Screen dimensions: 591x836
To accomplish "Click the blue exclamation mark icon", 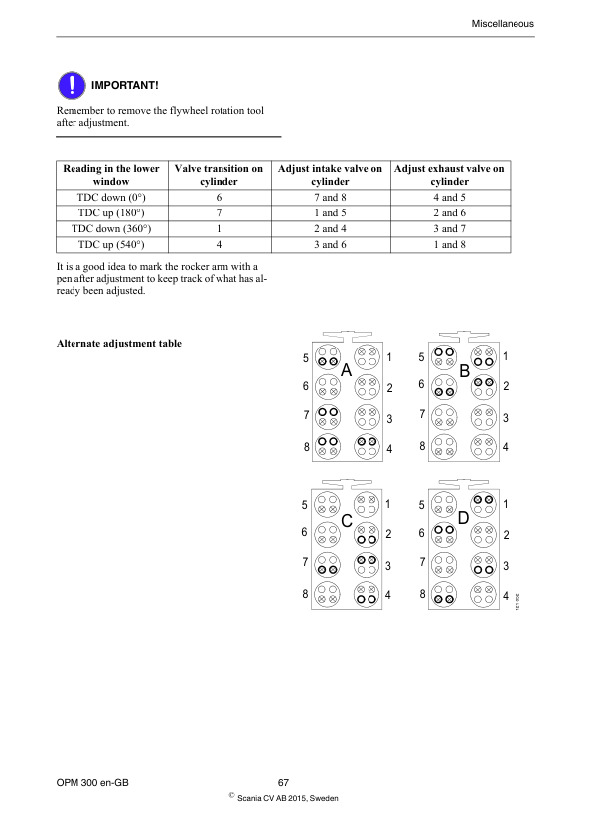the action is [x=69, y=85].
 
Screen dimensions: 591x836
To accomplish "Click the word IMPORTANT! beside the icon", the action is [x=125, y=86].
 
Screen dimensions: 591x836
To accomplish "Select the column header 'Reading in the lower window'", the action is [x=110, y=176].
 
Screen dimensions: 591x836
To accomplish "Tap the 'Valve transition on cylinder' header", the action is [x=219, y=176].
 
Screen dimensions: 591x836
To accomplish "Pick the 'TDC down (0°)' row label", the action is [x=110, y=197].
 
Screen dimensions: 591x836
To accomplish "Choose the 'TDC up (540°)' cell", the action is [x=110, y=244].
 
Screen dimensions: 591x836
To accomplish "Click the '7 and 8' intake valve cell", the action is [x=330, y=197].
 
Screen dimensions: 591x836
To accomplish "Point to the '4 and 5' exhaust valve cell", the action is [x=449, y=197].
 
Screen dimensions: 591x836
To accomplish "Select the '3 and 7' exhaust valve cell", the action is [x=449, y=228].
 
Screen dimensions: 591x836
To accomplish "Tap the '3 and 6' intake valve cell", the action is [x=330, y=244].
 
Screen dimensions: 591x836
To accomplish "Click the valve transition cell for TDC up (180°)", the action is [x=219, y=212].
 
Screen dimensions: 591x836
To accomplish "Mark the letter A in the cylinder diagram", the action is [x=347, y=370].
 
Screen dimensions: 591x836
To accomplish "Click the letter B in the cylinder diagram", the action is [x=464, y=370].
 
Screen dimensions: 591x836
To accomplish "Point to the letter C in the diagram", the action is [x=347, y=520].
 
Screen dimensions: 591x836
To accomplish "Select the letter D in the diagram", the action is [x=463, y=519].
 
